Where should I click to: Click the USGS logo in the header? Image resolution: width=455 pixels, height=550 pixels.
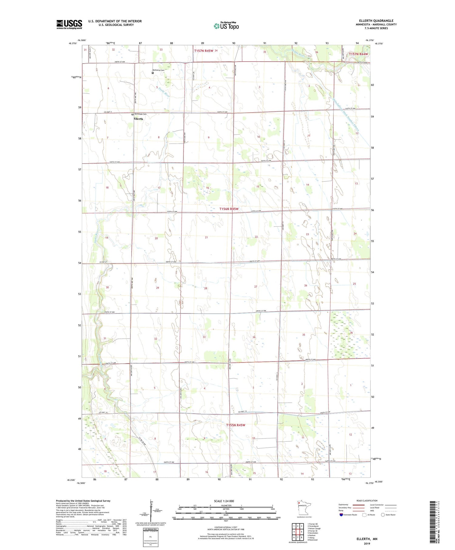(69, 24)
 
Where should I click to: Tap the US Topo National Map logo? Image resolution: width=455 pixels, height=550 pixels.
(226, 26)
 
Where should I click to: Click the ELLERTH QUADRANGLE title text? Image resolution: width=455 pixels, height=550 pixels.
(376, 21)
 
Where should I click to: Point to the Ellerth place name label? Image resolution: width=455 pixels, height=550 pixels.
(138, 119)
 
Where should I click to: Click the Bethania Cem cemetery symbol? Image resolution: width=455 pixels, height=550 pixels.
(153, 73)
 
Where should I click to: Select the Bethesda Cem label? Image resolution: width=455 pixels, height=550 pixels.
(140, 114)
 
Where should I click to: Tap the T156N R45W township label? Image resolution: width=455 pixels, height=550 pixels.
(229, 209)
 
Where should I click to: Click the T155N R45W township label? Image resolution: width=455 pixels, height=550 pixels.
(235, 425)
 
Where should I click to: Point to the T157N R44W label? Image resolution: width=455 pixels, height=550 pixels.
(358, 54)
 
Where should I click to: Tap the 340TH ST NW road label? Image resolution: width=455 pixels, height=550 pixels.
(111, 62)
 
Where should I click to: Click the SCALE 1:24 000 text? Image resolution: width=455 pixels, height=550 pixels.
(224, 501)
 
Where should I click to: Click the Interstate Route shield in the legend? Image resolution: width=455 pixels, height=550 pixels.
(341, 515)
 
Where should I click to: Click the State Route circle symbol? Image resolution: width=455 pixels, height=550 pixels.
(383, 515)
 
